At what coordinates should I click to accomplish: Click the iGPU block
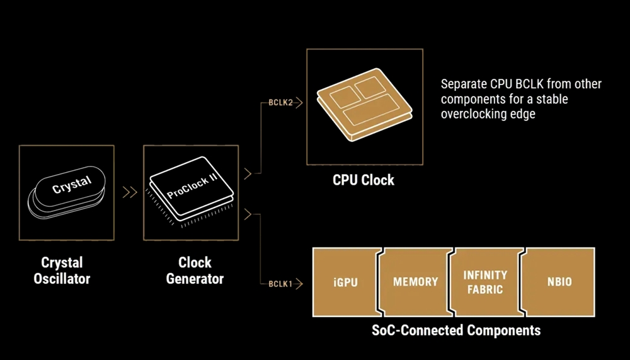pyautogui.click(x=346, y=282)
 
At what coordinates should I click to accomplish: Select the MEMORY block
pyautogui.click(x=415, y=282)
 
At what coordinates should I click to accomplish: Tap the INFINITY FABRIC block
pyautogui.click(x=485, y=282)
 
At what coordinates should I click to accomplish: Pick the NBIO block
pyautogui.click(x=558, y=282)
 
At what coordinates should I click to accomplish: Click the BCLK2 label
pyautogui.click(x=280, y=103)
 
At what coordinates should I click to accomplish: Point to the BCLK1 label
pyautogui.click(x=280, y=284)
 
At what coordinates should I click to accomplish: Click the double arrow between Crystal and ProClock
pyautogui.click(x=130, y=192)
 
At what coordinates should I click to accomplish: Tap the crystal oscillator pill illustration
pyautogui.click(x=67, y=192)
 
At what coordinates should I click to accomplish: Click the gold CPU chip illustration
pyautogui.click(x=364, y=104)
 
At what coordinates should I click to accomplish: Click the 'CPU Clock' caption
pyautogui.click(x=364, y=180)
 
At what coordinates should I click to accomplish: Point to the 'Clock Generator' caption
pyautogui.click(x=195, y=270)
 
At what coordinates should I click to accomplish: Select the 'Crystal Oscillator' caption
pyautogui.click(x=62, y=270)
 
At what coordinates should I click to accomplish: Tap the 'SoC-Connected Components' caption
pyautogui.click(x=456, y=330)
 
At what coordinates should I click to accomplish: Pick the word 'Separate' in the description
pyautogui.click(x=464, y=84)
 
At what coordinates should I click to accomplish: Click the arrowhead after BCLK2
pyautogui.click(x=299, y=103)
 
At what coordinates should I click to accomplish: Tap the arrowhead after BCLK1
pyautogui.click(x=299, y=284)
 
